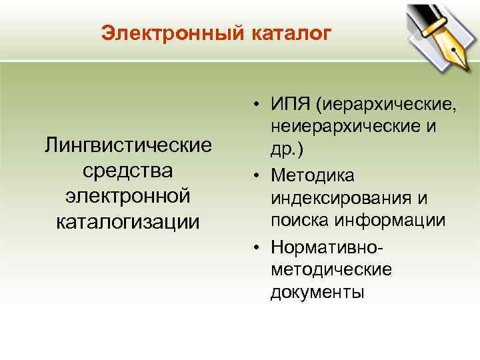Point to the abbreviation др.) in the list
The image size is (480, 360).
287,150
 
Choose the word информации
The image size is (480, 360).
393,221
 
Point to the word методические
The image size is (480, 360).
331,269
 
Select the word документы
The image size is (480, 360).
317,293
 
